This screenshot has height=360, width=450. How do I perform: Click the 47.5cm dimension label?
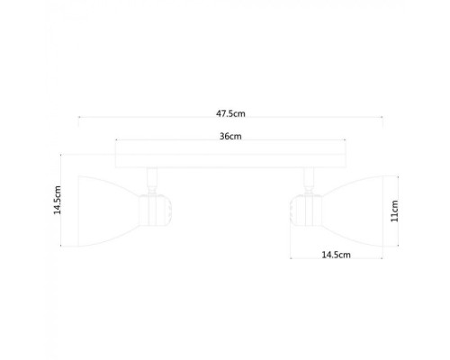231,113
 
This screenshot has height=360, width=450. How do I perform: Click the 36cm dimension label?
230,137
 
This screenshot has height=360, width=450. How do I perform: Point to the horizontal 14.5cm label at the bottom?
335,256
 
